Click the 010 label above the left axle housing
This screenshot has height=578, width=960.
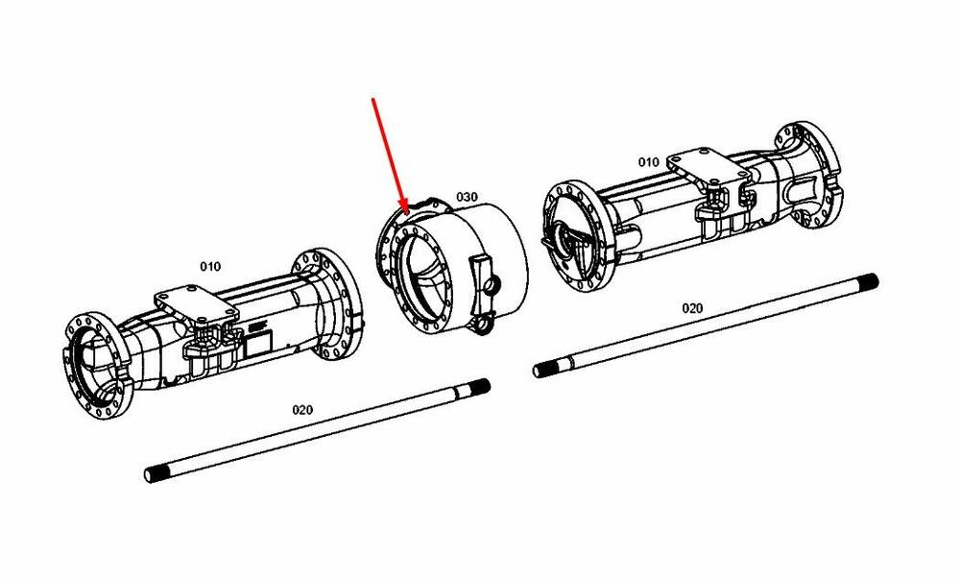(210, 266)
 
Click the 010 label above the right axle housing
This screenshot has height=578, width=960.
(648, 162)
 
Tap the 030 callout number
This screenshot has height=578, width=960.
(467, 197)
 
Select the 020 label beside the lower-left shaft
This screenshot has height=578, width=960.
(302, 410)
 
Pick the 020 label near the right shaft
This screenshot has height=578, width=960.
(692, 308)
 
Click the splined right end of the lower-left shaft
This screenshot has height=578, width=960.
(476, 388)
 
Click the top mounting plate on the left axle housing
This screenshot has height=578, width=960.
(196, 304)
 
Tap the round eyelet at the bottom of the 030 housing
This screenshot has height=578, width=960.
(484, 324)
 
